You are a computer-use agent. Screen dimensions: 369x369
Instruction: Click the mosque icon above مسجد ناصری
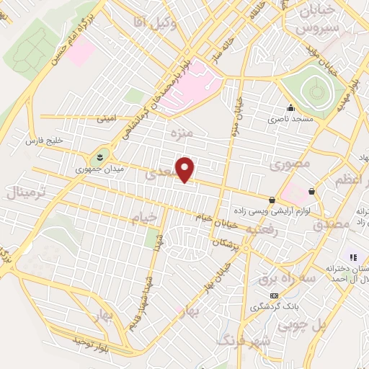pyautogui.click(x=290, y=108)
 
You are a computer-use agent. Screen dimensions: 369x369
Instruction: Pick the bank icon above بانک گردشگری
pyautogui.click(x=274, y=295)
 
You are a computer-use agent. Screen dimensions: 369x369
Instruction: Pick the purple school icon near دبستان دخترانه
pyautogui.click(x=353, y=257)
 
